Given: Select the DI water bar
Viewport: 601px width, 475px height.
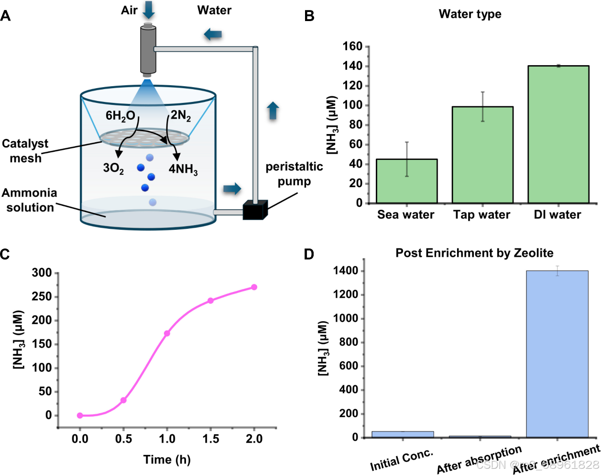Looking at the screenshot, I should (x=558, y=134).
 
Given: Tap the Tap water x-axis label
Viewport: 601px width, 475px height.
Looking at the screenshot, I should (x=481, y=215).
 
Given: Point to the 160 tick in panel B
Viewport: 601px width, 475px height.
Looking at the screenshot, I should (x=353, y=47).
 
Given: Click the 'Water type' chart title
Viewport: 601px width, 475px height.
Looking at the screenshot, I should (x=470, y=14).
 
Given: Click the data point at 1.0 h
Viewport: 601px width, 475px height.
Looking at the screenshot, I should (x=167, y=333).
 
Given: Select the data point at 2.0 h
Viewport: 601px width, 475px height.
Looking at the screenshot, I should (x=254, y=287).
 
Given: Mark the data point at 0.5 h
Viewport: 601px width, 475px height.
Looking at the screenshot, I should (x=123, y=400).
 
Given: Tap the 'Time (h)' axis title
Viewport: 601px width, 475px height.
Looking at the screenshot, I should (x=167, y=460).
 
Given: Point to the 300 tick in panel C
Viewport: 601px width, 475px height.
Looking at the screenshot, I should (x=42, y=273).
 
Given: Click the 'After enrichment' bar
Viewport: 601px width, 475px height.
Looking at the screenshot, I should (x=557, y=354).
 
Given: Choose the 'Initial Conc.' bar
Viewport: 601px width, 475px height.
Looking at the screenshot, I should (x=403, y=434).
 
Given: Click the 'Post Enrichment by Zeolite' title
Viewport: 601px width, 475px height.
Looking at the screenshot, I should (x=474, y=253).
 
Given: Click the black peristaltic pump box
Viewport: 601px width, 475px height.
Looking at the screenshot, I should (x=254, y=210).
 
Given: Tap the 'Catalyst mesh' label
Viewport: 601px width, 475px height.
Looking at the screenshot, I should (x=25, y=151).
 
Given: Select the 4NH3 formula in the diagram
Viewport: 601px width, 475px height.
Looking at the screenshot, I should (x=183, y=169).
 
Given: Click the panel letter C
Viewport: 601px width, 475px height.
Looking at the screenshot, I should (x=5, y=254).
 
